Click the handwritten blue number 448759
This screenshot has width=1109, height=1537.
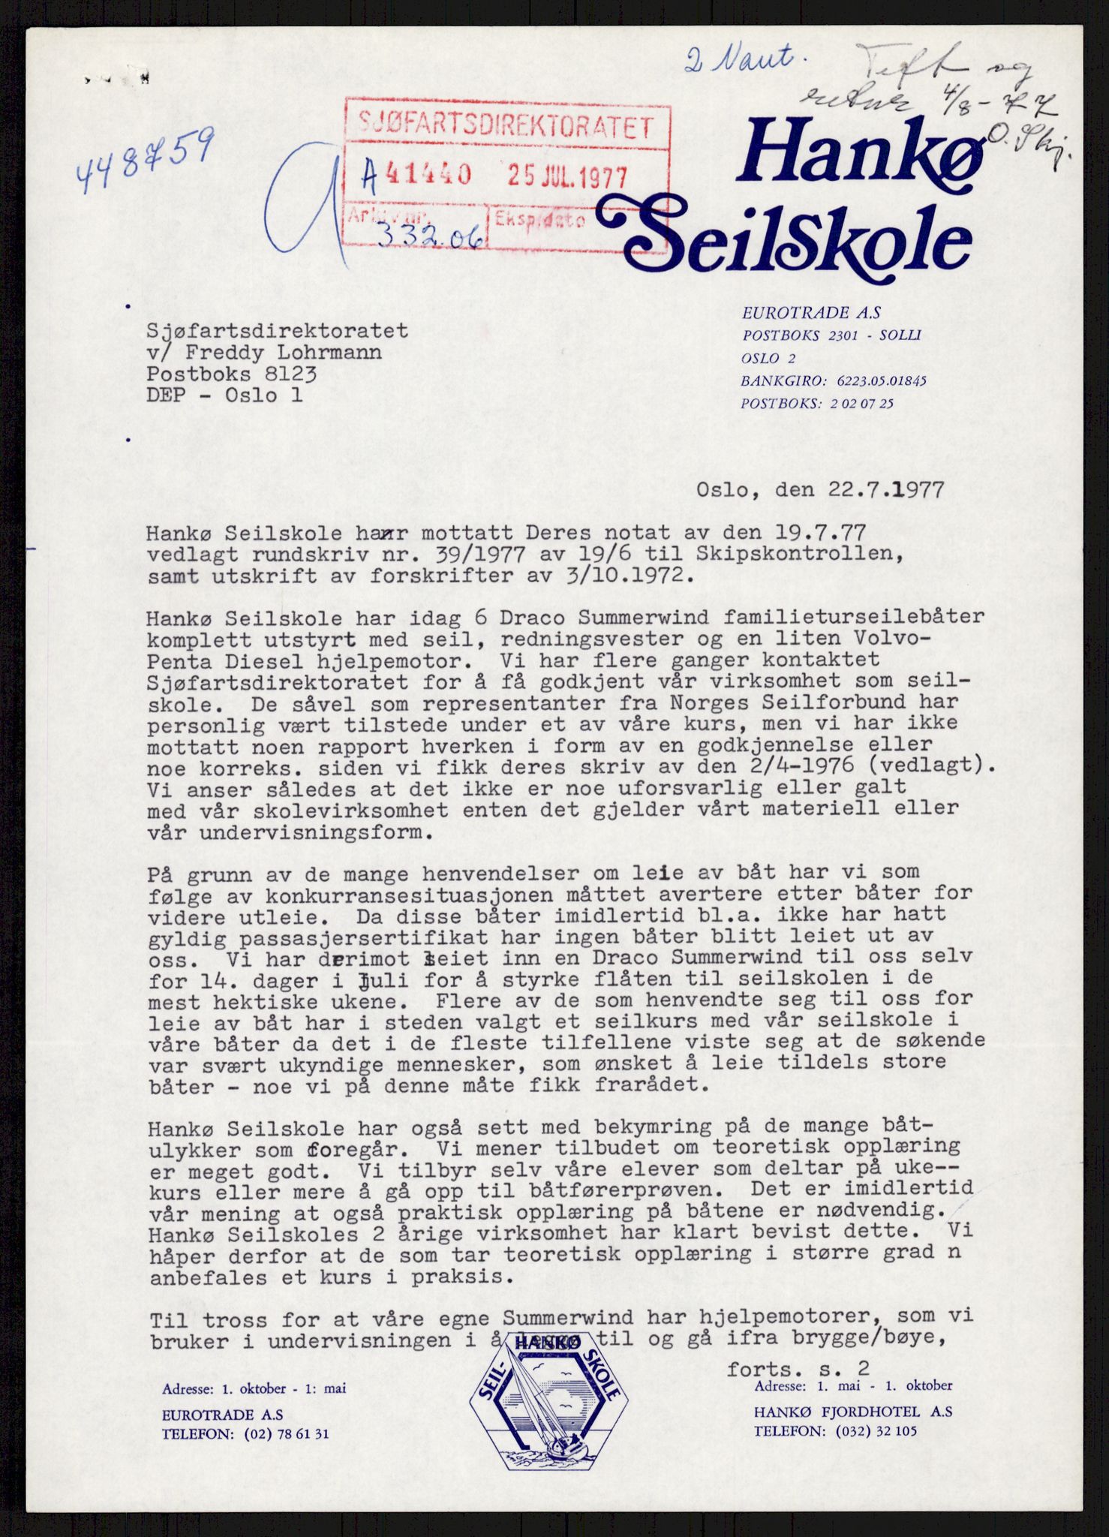144,160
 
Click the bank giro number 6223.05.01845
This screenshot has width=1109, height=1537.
875,380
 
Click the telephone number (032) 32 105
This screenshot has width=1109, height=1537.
874,1430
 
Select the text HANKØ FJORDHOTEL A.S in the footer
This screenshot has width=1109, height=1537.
853,1411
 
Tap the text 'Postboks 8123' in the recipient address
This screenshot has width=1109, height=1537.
232,374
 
